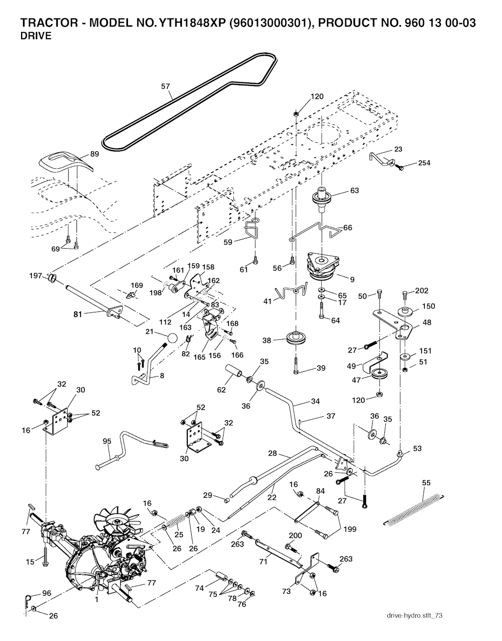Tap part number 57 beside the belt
coord(166,86)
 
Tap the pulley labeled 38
coord(295,339)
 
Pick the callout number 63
coord(354,191)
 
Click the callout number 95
coord(107,441)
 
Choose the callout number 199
coord(350,529)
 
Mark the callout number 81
coord(77,314)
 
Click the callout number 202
coord(422,290)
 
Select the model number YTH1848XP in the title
coord(190,23)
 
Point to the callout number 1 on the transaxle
coord(97,599)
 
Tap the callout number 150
coord(428,306)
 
